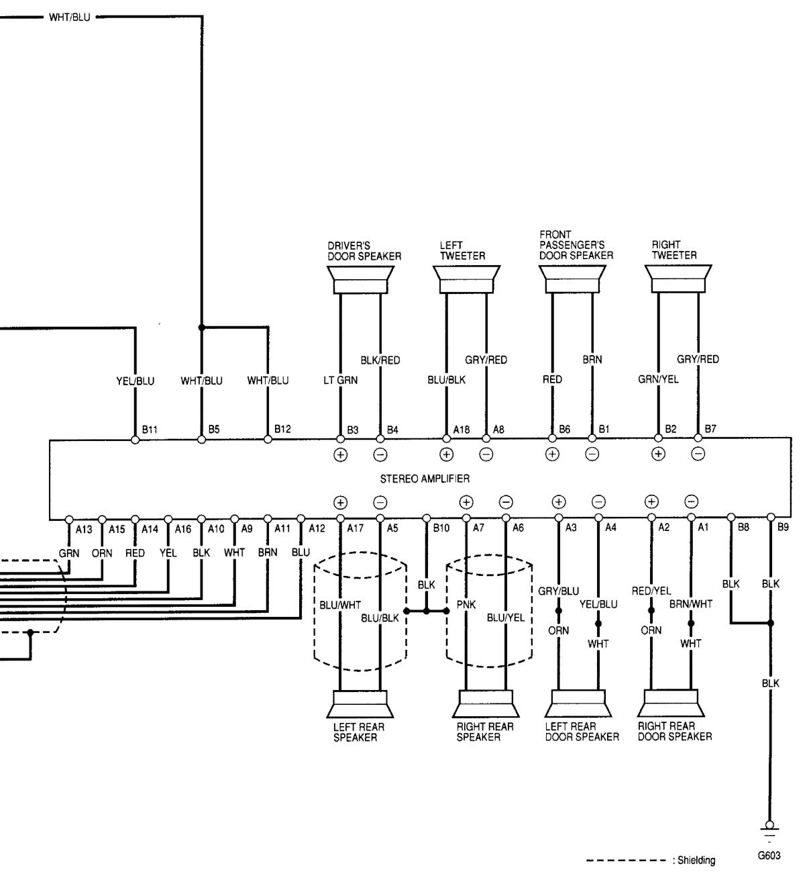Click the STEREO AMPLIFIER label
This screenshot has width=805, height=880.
click(425, 479)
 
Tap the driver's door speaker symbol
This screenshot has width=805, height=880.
click(360, 279)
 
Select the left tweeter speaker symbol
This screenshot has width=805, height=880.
click(466, 279)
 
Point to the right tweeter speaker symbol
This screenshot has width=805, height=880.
click(678, 279)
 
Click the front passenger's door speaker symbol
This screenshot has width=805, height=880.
click(572, 279)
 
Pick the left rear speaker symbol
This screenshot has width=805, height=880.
click(360, 704)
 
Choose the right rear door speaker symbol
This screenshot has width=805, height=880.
click(671, 704)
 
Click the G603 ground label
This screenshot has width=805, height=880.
click(769, 857)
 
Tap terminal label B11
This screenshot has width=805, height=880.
click(150, 429)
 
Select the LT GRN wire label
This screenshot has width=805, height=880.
click(340, 380)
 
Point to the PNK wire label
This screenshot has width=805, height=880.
click(466, 604)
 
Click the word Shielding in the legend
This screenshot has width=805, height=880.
click(696, 861)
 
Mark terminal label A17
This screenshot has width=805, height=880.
click(355, 528)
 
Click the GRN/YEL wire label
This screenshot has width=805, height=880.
click(658, 379)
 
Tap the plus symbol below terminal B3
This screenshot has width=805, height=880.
click(340, 454)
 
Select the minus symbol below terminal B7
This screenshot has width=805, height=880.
click(698, 454)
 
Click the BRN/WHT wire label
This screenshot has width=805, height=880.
click(690, 604)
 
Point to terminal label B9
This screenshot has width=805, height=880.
click(783, 528)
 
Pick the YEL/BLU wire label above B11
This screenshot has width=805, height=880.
click(135, 381)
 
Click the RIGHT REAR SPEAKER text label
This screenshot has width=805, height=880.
click(485, 732)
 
